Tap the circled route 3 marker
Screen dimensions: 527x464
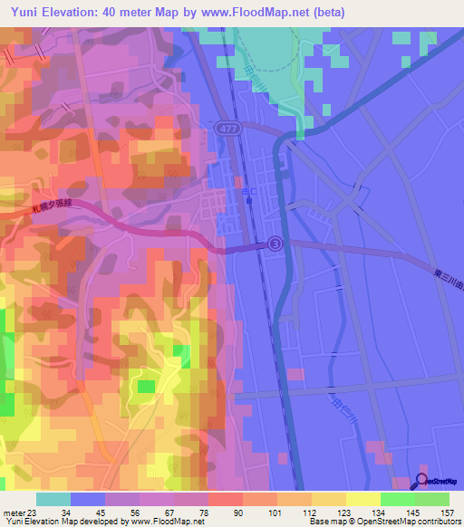click(275, 244)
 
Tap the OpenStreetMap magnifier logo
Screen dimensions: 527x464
click(423, 480)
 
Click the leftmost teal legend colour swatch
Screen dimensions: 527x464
click(53, 499)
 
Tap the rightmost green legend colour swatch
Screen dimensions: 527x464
click(431, 499)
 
